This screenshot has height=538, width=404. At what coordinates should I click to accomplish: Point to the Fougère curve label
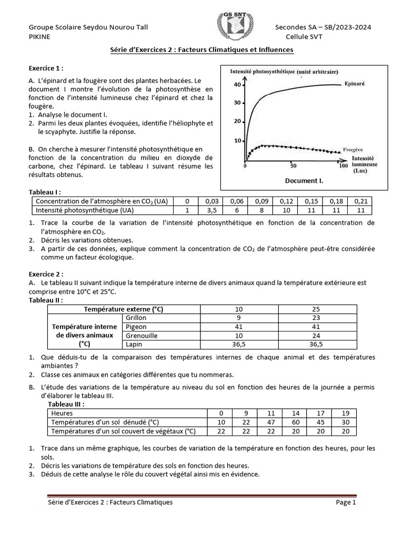[x=352, y=150]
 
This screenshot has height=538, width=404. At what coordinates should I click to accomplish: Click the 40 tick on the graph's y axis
[x=237, y=85]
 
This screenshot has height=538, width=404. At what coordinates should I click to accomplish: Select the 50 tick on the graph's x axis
[x=293, y=165]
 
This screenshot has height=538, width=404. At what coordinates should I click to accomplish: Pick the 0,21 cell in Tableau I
[x=360, y=201]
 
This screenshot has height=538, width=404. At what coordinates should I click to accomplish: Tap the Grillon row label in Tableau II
[x=136, y=318]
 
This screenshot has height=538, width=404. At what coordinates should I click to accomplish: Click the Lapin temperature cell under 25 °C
[x=317, y=345]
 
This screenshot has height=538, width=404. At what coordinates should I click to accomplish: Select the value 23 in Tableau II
[x=317, y=318]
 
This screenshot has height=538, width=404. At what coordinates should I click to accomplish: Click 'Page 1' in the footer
[x=347, y=502]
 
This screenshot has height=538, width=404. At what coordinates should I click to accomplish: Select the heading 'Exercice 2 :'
[x=46, y=274]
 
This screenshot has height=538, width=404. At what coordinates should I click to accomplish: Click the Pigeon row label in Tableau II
[x=135, y=327]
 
